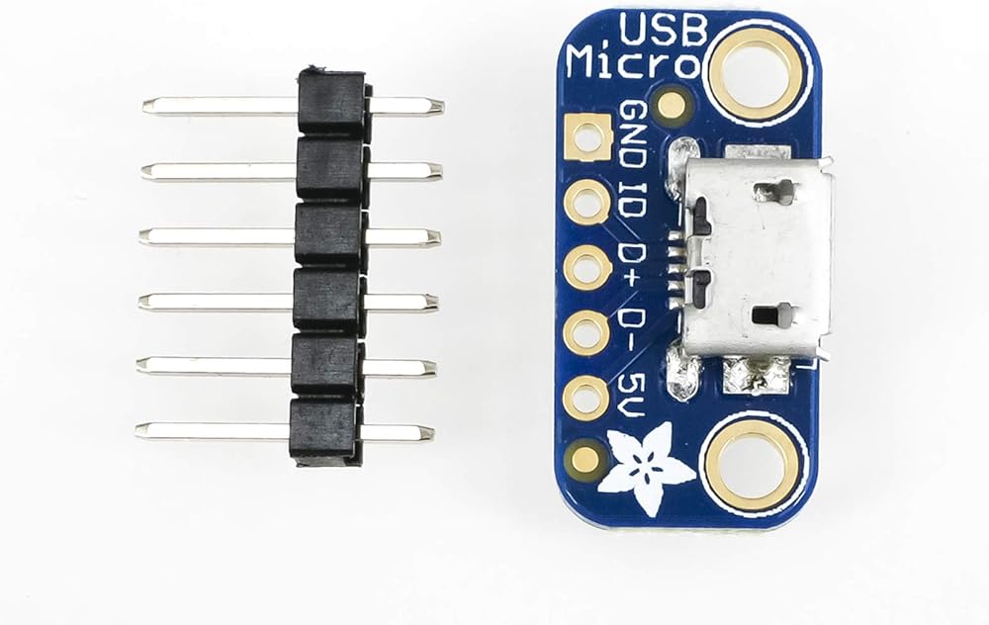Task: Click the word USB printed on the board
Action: tap(662, 30)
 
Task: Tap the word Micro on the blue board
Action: tap(632, 67)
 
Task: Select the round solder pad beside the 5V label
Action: tap(585, 398)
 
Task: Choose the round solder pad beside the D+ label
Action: tap(586, 267)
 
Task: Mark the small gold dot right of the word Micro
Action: tap(673, 105)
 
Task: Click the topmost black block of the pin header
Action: tap(330, 103)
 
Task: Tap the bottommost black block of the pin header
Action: tap(322, 431)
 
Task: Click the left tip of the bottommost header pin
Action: tap(139, 431)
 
